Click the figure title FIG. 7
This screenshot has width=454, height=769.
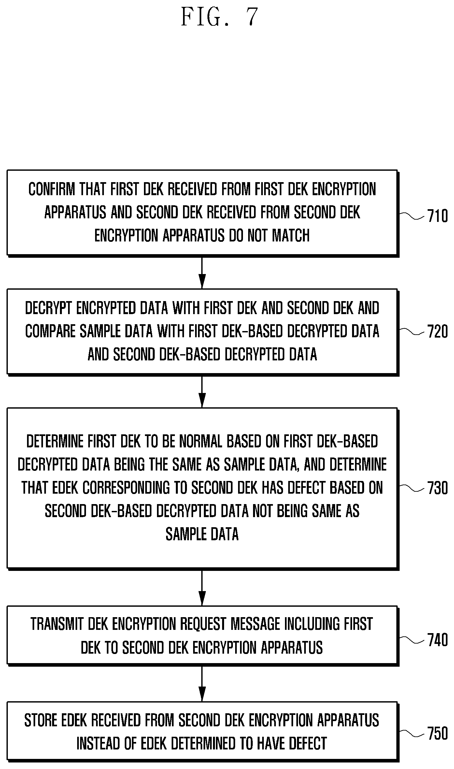[220, 17]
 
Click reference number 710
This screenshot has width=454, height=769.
[438, 216]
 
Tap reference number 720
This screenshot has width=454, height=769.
[438, 332]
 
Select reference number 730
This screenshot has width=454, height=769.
[438, 488]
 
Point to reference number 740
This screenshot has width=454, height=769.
[438, 640]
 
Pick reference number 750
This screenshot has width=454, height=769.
[438, 734]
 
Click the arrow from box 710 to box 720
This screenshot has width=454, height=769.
[202, 272]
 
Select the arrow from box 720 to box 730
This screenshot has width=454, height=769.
[202, 391]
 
